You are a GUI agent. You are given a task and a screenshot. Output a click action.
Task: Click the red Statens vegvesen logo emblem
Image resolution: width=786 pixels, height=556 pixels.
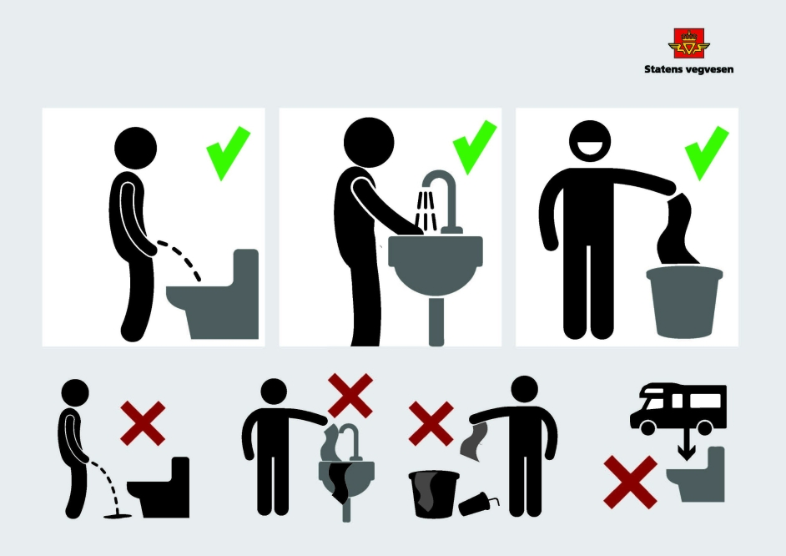688,43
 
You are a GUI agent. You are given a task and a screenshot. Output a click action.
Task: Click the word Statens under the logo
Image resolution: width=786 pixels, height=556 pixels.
663,69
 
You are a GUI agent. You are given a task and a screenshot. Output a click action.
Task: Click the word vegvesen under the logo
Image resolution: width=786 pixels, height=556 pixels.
708,69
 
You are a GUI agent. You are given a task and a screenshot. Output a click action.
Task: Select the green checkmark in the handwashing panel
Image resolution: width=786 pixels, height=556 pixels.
474,148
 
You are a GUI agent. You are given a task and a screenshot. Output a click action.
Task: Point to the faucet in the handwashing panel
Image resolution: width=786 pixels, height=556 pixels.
441,200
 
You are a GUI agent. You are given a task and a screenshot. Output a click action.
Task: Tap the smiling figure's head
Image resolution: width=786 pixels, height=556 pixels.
590,141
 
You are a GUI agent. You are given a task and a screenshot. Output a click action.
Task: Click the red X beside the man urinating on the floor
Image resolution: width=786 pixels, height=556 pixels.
143,423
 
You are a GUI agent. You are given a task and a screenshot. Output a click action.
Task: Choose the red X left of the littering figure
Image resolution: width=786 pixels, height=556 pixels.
431,423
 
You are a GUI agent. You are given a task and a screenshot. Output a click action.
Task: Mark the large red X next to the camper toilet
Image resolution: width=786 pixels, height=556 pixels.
630,483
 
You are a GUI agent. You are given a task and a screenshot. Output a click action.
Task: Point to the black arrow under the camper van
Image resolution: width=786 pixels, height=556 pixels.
687,446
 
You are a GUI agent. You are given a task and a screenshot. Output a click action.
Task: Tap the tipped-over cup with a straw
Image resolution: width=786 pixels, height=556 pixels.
478,504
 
